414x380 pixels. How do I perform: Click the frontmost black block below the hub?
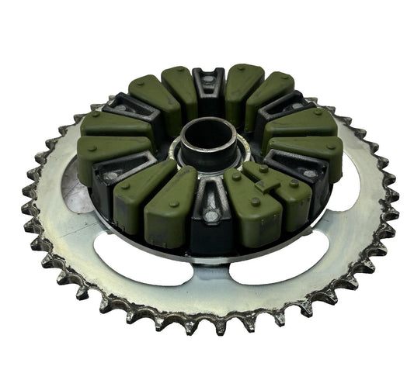pyautogui.click(x=207, y=220)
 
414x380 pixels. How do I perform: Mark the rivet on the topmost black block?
pyautogui.click(x=208, y=79)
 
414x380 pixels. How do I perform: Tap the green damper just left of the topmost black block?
pyautogui.click(x=179, y=89)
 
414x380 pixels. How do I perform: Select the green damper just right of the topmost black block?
pyautogui.click(x=243, y=85)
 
